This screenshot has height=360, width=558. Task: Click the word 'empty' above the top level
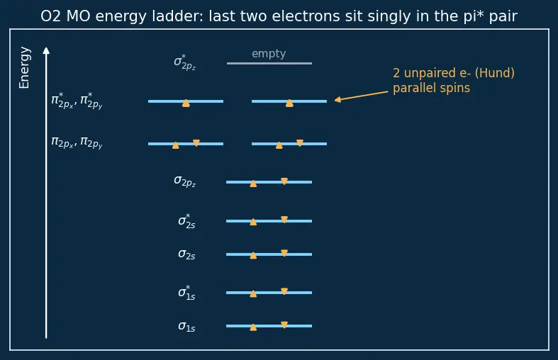pos(269,54)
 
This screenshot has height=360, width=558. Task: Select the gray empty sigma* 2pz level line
pos(269,63)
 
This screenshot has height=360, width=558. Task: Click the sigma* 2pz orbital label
pos(184,62)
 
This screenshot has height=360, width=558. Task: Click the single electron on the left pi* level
pos(186,103)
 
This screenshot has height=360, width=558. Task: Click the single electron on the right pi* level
pos(289,103)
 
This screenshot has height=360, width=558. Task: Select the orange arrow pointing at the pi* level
pos(361,96)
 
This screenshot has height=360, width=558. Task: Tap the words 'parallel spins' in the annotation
pos(431,88)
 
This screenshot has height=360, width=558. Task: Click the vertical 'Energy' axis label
pos(24,67)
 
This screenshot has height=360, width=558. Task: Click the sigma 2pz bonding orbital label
pos(184,181)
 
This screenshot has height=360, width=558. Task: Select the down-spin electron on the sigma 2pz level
pos(284,181)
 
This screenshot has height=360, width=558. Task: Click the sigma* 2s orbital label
pos(186,221)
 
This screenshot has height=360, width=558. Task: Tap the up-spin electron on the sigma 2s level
pos(253,255)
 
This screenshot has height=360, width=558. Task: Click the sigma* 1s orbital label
pos(186,293)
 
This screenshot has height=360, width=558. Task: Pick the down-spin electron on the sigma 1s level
pos(284,325)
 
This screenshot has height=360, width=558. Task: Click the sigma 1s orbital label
pos(186,326)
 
